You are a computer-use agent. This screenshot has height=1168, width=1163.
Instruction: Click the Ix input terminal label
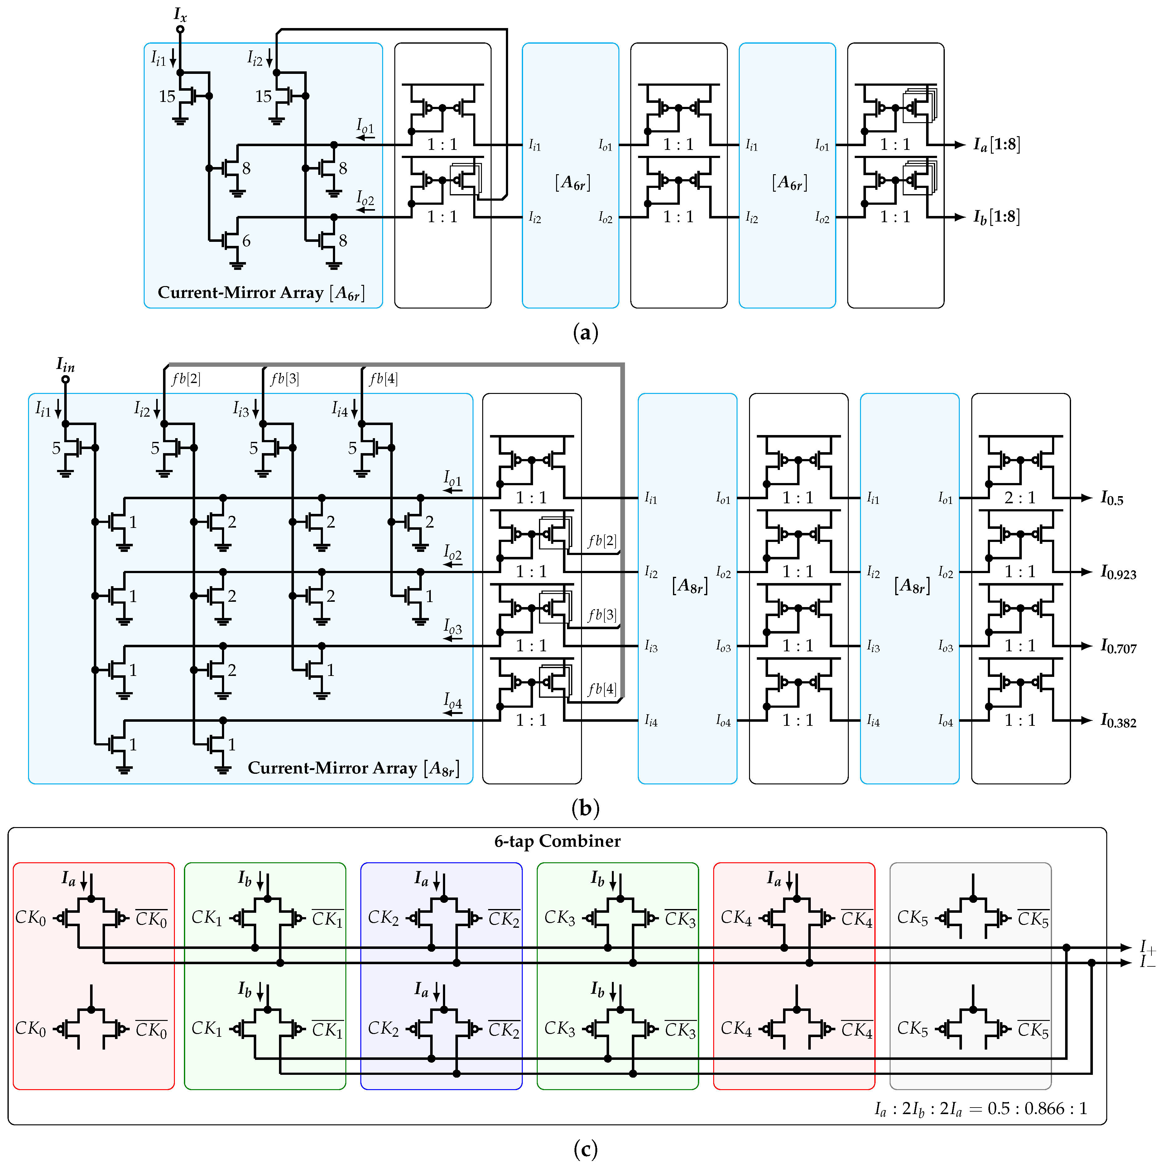[180, 14]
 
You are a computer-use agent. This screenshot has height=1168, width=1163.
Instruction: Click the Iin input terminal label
[65, 365]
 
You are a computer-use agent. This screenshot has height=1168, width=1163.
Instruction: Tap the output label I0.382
[1118, 721]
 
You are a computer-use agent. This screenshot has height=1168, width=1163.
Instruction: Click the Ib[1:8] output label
[997, 217]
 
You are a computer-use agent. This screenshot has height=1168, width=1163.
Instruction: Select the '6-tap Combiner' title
[557, 841]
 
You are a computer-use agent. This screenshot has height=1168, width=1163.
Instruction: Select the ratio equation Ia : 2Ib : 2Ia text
[980, 1108]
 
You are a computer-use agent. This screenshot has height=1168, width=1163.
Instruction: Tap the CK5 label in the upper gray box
[912, 918]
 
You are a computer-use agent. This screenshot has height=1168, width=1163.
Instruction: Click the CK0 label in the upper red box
[30, 918]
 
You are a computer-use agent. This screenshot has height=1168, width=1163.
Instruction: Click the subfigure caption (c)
[585, 1149]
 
